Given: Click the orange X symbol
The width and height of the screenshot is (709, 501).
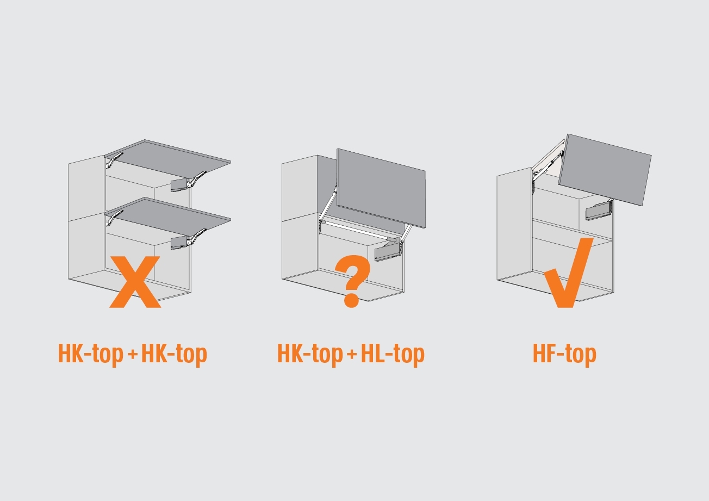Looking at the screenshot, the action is coord(135,282).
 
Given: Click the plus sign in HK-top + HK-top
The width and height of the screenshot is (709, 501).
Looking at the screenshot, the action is coord(133,354).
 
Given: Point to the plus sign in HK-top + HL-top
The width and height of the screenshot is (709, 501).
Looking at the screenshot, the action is coord(352,354).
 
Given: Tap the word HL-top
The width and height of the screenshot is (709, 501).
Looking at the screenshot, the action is coord(393,355).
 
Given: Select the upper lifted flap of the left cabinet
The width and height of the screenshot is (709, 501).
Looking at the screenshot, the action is coord(168,158).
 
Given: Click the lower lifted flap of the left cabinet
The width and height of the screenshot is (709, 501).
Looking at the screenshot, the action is coord(168,217).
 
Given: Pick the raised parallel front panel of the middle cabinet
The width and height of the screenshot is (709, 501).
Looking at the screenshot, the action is coord(381,188).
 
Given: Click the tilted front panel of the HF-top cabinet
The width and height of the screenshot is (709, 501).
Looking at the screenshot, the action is coord(605,169).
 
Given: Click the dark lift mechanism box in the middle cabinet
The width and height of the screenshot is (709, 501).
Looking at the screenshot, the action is coord(387,253).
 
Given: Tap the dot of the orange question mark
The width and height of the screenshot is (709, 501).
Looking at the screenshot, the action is coord(351,300).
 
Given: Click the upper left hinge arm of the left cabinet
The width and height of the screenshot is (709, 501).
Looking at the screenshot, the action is coord(114,160).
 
